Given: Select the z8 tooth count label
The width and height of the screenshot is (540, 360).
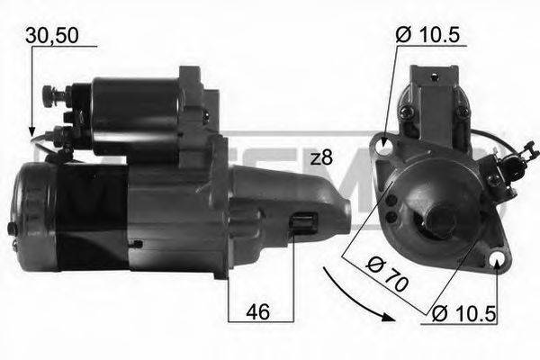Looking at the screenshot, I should [320, 157].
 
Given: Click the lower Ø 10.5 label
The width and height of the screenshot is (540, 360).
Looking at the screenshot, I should [463, 313].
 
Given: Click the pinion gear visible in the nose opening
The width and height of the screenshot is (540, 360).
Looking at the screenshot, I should [303, 224].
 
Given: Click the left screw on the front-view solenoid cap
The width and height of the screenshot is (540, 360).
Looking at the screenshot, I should [406, 111].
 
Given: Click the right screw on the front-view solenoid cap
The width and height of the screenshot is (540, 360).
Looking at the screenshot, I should [462, 112].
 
